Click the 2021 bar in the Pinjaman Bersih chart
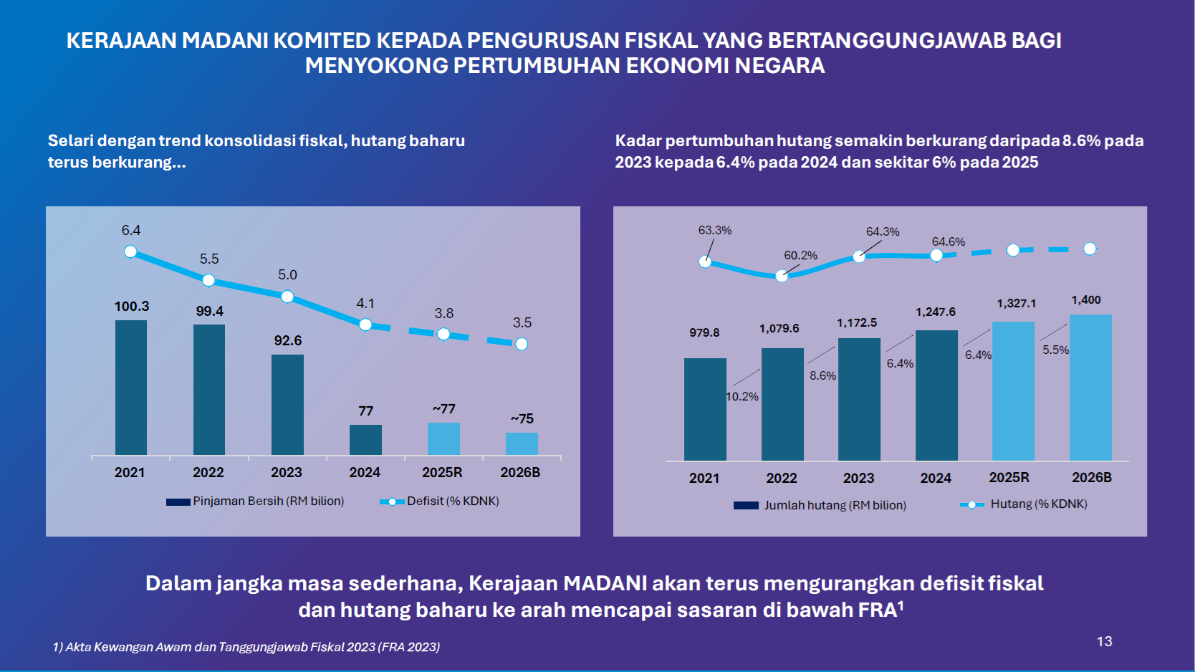tap(131, 387)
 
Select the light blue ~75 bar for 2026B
tap(522, 443)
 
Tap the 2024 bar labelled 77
tap(365, 439)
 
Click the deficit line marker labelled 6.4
tap(130, 251)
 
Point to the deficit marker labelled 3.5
tap(522, 344)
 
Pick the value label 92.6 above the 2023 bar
tap(287, 340)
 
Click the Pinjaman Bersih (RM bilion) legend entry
tap(256, 501)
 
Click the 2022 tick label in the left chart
tap(208, 472)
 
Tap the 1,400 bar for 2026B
tap(1090, 387)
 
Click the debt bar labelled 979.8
tap(705, 408)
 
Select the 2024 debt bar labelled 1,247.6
tap(936, 395)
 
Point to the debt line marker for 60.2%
tap(782, 276)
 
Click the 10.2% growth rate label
tap(742, 396)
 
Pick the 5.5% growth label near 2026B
tap(1055, 350)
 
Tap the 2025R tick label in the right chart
tap(1009, 477)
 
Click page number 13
tap(1104, 641)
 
